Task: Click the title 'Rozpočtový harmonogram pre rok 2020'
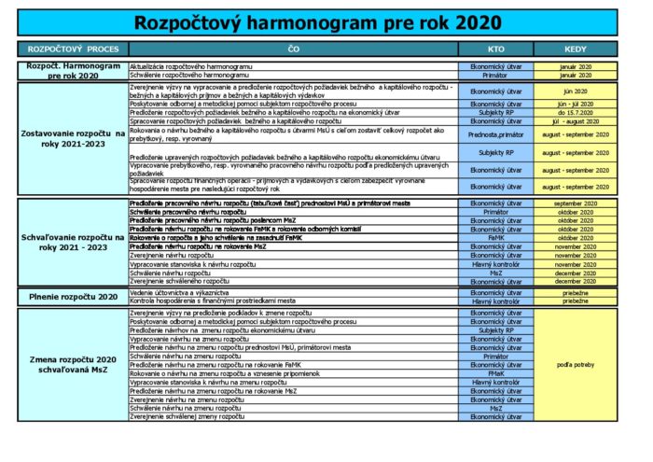[317, 22]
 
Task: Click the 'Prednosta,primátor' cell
[496, 134]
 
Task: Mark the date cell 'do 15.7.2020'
[576, 112]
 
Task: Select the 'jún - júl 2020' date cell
[576, 104]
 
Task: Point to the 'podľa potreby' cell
[576, 365]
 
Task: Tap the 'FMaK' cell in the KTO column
[496, 373]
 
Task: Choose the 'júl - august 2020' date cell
[576, 120]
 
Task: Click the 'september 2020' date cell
[576, 203]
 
